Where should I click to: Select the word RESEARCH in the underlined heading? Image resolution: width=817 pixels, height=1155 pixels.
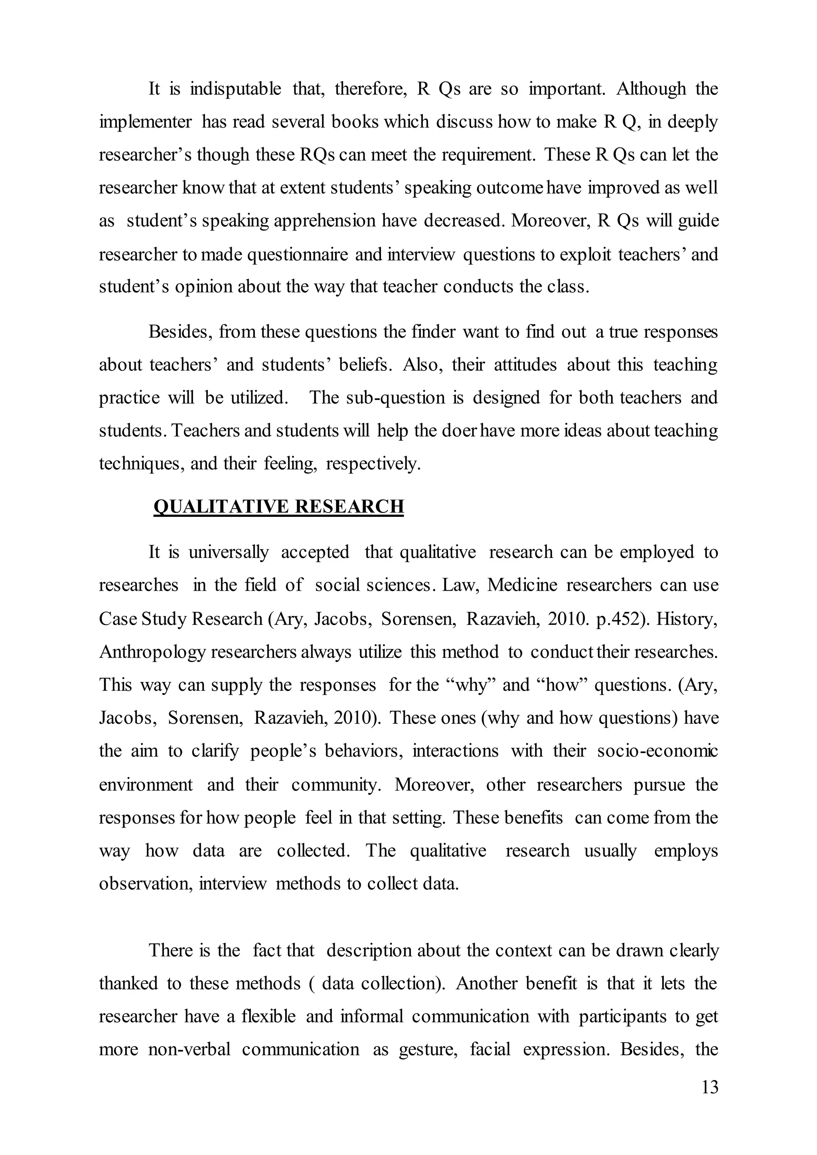pyautogui.click(x=349, y=507)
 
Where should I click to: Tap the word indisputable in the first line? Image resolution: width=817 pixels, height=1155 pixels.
pyautogui.click(x=235, y=89)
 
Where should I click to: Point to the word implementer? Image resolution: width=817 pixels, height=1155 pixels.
pyautogui.click(x=145, y=122)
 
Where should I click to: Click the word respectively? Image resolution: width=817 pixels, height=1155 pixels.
pyautogui.click(x=373, y=464)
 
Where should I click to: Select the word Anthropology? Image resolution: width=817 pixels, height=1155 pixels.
pyautogui.click(x=152, y=652)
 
